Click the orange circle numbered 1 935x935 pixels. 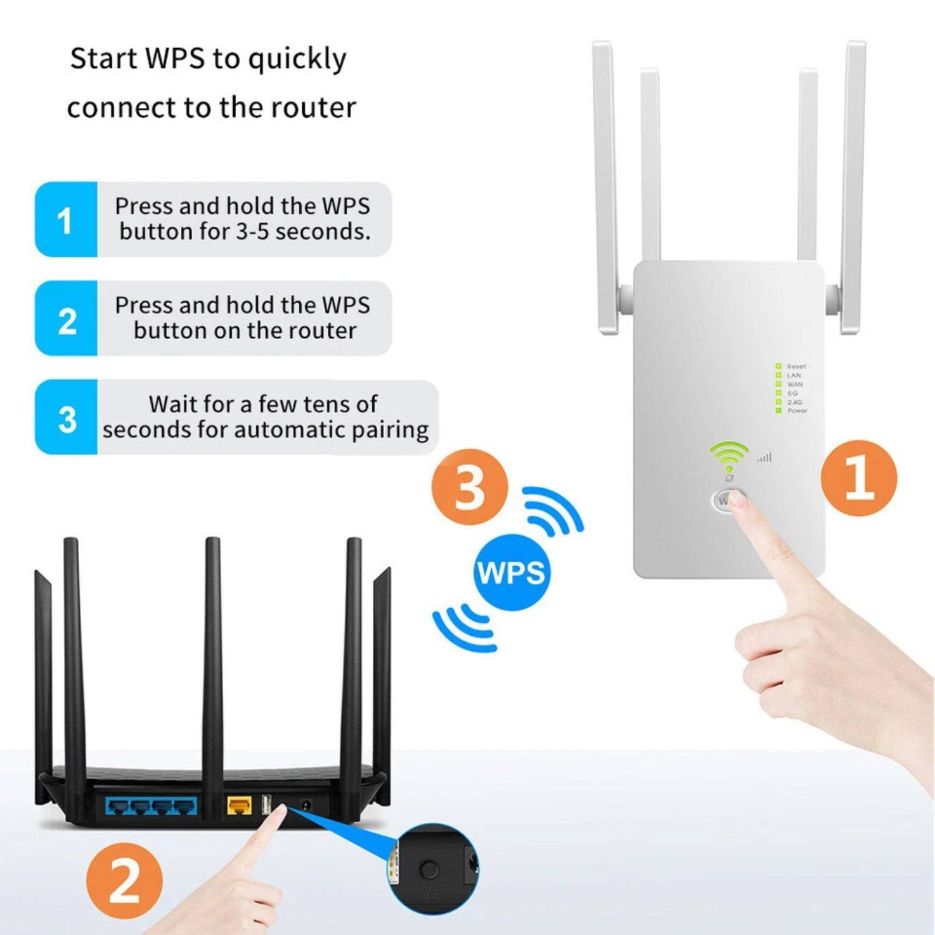(x=859, y=478)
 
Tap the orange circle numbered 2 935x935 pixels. (x=125, y=881)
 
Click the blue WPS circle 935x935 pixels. (x=511, y=572)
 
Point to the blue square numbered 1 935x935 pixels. (x=65, y=219)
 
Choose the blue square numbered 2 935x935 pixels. (x=65, y=319)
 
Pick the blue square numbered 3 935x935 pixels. (x=65, y=417)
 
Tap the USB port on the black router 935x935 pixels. (x=267, y=805)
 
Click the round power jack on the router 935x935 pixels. (x=306, y=805)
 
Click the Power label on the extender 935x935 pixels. (x=797, y=411)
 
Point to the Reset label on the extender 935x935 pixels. (x=796, y=367)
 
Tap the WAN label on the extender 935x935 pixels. (x=795, y=385)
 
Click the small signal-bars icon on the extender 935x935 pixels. (x=765, y=458)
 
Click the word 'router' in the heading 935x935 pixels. (x=317, y=107)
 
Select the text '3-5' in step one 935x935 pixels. (x=251, y=232)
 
